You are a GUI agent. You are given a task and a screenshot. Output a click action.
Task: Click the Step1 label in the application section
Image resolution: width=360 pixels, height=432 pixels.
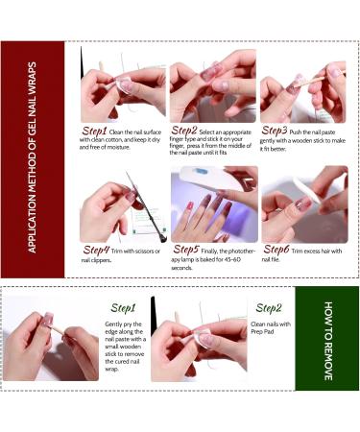coord(94,131)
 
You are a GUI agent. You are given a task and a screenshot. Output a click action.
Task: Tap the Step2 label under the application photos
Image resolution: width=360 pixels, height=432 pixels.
coord(184,131)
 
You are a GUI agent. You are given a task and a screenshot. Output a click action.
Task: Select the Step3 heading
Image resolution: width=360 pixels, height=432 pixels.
coord(275,131)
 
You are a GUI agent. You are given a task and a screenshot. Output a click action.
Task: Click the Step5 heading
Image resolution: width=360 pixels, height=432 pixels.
coord(185,250)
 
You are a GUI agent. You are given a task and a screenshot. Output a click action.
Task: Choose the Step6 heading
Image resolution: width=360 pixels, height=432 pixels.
coord(275,250)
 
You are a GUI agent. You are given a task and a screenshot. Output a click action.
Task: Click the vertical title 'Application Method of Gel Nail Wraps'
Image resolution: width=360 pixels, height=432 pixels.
coord(33,159)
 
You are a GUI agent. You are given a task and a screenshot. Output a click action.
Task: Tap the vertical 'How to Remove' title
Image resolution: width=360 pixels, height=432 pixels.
coord(326,340)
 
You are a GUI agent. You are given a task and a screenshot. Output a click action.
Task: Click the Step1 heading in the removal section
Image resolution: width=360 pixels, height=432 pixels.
coord(123,308)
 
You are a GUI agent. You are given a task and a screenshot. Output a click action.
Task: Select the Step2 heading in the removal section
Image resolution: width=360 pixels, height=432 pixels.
coord(268,308)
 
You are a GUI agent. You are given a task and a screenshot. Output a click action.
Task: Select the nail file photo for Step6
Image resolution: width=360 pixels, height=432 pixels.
coord(303,204)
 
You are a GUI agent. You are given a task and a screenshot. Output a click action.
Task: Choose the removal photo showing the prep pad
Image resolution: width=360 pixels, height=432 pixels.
coord(198,339)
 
